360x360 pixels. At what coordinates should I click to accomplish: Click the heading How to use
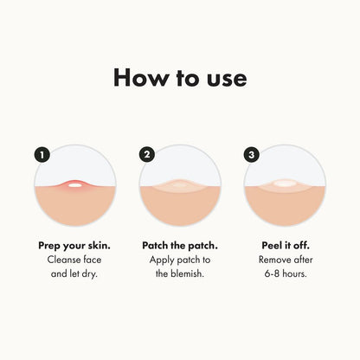pyautogui.click(x=180, y=78)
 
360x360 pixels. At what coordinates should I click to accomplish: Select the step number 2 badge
pyautogui.click(x=146, y=155)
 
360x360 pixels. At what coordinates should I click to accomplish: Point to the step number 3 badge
pyautogui.click(x=252, y=155)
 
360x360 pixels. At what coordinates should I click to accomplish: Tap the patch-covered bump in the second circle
pyautogui.click(x=181, y=186)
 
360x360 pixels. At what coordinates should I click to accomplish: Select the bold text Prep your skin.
pyautogui.click(x=74, y=245)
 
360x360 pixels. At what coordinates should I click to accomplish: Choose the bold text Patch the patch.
pyautogui.click(x=180, y=245)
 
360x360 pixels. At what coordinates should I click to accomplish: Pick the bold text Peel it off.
pyautogui.click(x=286, y=245)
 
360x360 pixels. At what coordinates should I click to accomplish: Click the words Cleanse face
pyautogui.click(x=74, y=260)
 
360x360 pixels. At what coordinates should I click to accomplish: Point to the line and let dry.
pyautogui.click(x=74, y=274)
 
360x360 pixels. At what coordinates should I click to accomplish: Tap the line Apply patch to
pyautogui.click(x=180, y=260)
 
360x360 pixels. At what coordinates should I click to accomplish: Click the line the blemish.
pyautogui.click(x=180, y=274)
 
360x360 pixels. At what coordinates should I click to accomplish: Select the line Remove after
pyautogui.click(x=286, y=260)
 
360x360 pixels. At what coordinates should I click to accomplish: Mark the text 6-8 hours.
pyautogui.click(x=286, y=274)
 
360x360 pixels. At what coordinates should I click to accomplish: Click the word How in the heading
pyautogui.click(x=141, y=78)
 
